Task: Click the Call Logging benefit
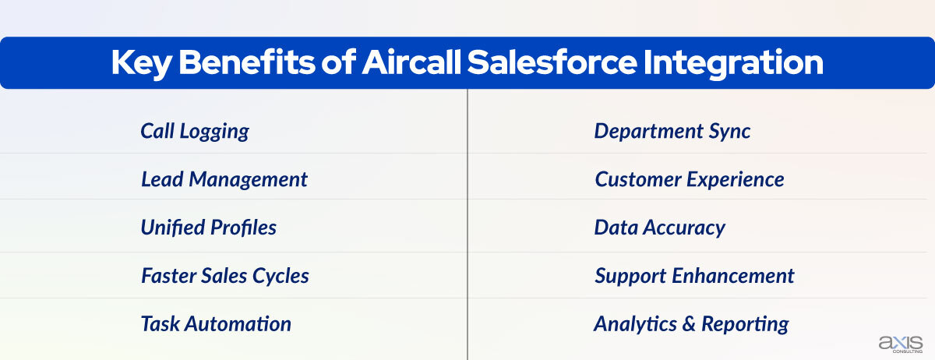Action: point(195,131)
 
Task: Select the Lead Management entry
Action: point(224,179)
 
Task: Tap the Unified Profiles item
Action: point(208,228)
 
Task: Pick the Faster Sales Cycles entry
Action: point(224,275)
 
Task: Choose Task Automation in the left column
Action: point(216,323)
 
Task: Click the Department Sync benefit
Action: point(672,131)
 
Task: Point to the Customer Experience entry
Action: point(689,179)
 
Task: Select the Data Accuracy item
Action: point(659,228)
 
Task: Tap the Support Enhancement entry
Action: point(694,275)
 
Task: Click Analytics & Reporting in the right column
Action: point(691,323)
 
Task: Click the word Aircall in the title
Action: point(411,63)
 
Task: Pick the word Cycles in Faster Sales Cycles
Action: point(283,275)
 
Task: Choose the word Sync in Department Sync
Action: point(730,131)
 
